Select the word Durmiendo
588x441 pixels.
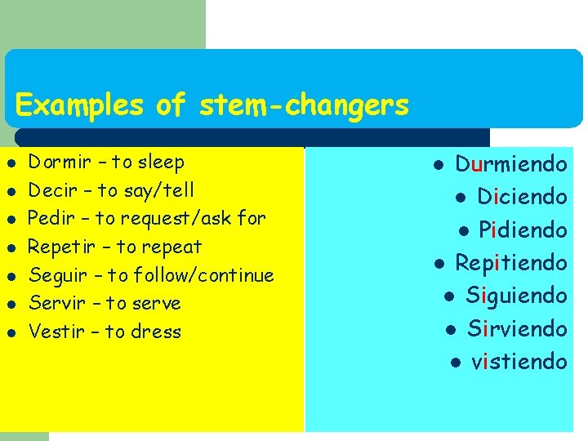click(510, 164)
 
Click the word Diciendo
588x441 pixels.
click(522, 197)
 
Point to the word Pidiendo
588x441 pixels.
click(523, 230)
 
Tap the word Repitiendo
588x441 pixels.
click(510, 263)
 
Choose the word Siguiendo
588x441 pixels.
click(516, 296)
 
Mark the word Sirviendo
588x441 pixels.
click(517, 328)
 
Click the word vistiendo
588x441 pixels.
click(519, 361)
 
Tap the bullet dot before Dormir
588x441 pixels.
click(10, 163)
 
